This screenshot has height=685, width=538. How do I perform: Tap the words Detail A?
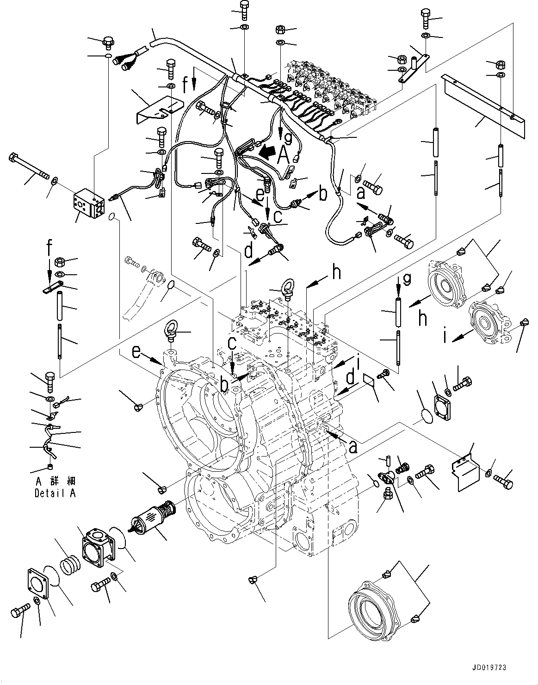tap(55, 494)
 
